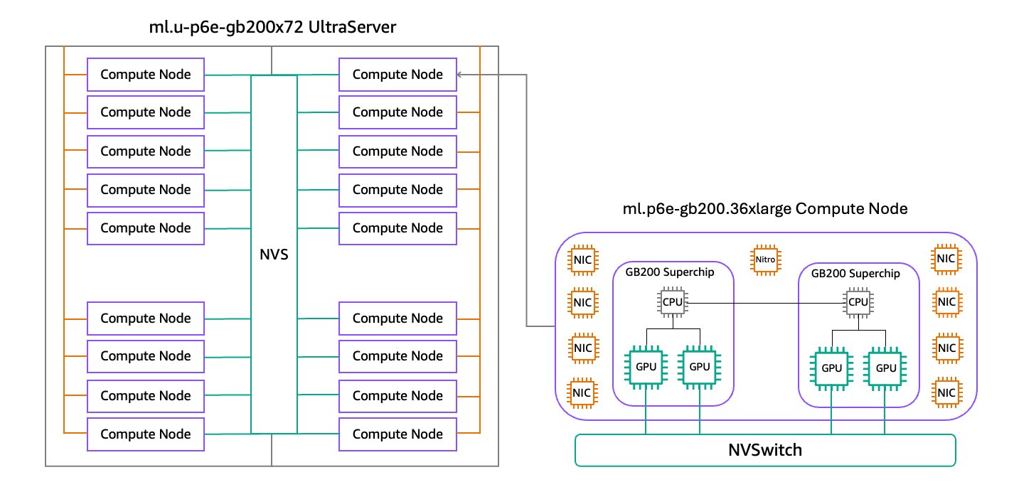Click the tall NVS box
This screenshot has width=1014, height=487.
(x=274, y=254)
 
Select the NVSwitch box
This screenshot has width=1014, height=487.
(x=764, y=450)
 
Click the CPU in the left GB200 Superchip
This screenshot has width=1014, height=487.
(x=673, y=302)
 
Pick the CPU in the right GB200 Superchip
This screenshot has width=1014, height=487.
(x=858, y=302)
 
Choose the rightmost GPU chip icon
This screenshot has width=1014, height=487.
(x=885, y=368)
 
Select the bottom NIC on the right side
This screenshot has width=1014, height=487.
(x=946, y=392)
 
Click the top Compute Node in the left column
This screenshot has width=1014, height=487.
(x=146, y=74)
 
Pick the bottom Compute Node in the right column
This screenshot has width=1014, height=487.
(x=397, y=434)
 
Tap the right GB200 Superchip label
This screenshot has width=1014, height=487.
(x=859, y=273)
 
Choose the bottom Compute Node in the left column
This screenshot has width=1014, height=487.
(x=146, y=434)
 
